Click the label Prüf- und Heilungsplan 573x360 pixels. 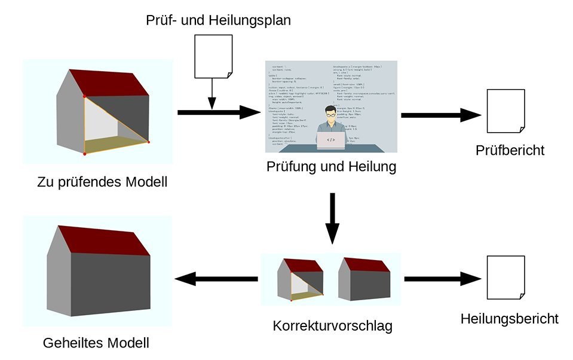[218, 20]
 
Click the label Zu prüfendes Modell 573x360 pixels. [102, 182]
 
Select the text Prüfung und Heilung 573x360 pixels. [331, 167]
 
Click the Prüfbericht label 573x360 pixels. [510, 150]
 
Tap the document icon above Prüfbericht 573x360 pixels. [506, 111]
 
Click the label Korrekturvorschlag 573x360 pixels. [332, 327]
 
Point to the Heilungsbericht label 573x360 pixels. [510, 319]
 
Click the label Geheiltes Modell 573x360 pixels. [96, 343]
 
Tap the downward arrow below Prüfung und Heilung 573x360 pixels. [332, 219]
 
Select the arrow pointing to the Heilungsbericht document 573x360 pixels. [443, 279]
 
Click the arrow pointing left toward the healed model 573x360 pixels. [216, 279]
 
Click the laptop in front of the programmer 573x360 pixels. [330, 140]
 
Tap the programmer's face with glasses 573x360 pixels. [330, 115]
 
